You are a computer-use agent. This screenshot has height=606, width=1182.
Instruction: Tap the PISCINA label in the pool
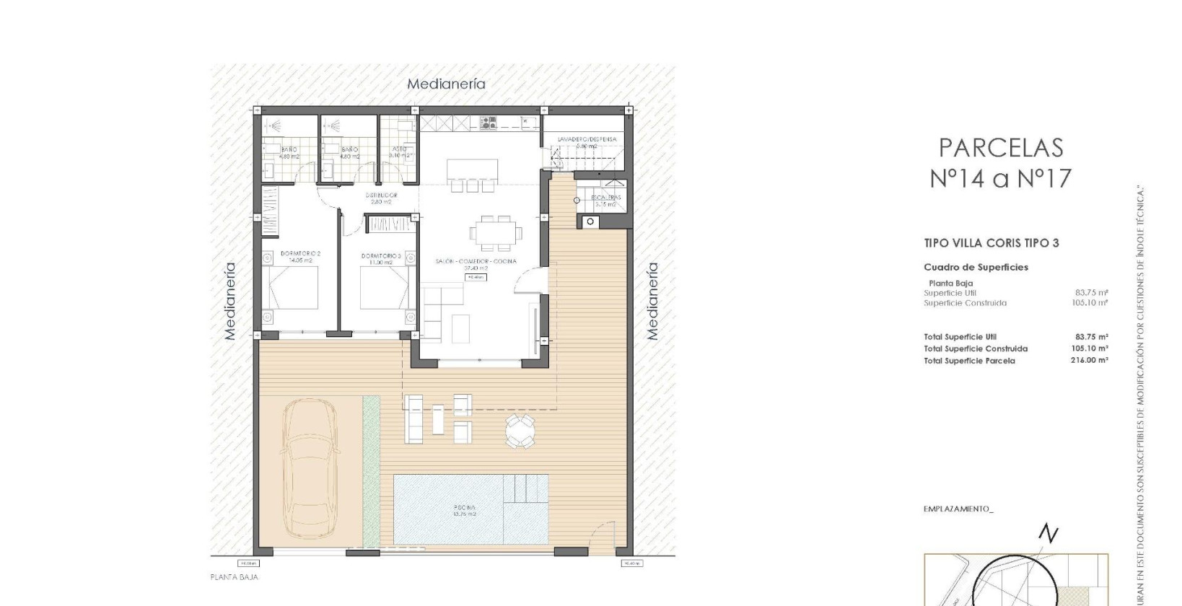pyautogui.click(x=464, y=507)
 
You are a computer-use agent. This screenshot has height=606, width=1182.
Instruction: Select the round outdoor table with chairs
pyautogui.click(x=520, y=431)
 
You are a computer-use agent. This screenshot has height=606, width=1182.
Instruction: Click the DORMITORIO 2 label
pyautogui.click(x=300, y=254)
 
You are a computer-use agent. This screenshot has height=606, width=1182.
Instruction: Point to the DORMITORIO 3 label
pyautogui.click(x=380, y=255)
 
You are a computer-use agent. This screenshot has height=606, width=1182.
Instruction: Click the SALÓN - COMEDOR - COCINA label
pyautogui.click(x=476, y=261)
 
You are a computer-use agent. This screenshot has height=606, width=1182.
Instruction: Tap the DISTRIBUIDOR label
pyautogui.click(x=380, y=196)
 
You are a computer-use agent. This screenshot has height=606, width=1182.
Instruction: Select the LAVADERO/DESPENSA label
pyautogui.click(x=587, y=139)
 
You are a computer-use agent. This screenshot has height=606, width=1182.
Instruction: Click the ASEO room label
pyautogui.click(x=398, y=149)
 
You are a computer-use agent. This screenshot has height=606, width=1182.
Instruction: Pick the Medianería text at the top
pyautogui.click(x=446, y=84)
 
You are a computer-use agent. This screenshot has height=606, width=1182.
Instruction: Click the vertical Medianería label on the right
pyautogui.click(x=652, y=301)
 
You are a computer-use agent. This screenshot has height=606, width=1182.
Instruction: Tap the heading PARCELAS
pyautogui.click(x=1000, y=148)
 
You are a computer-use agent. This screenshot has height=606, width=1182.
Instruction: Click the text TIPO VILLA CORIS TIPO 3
pyautogui.click(x=991, y=243)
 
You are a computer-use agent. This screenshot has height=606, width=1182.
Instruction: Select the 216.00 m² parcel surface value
pyautogui.click(x=1089, y=360)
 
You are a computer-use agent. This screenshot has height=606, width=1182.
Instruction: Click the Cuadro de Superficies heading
pyautogui.click(x=976, y=267)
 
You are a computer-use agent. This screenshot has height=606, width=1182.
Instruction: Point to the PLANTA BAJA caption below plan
pyautogui.click(x=234, y=577)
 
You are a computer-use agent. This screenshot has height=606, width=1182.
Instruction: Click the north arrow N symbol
pyautogui.click(x=1048, y=534)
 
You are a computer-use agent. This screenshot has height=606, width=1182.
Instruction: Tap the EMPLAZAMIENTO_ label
pyautogui.click(x=958, y=509)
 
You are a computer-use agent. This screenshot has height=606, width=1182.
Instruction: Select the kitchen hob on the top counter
pyautogui.click(x=489, y=123)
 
